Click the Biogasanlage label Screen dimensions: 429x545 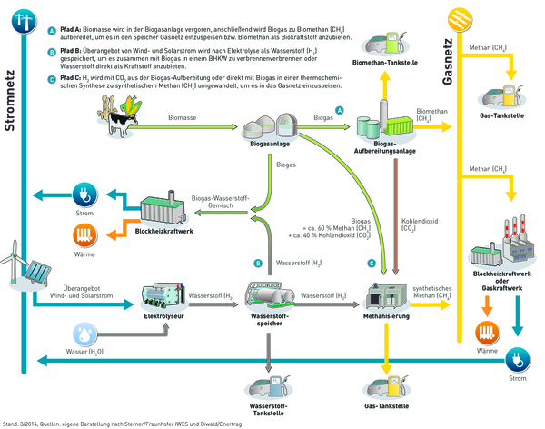[270, 144]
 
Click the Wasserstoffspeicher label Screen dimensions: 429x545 [270, 324]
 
